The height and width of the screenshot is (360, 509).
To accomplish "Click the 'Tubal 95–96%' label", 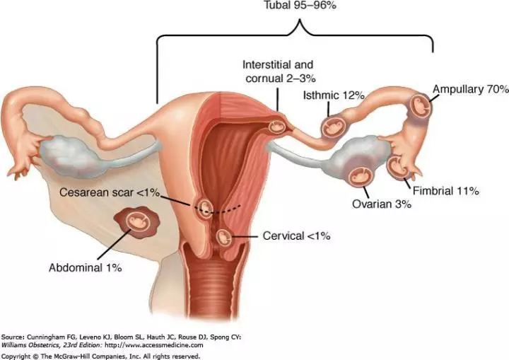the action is pyautogui.click(x=300, y=5).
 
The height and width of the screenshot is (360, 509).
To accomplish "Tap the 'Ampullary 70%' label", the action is pyautogui.click(x=470, y=89).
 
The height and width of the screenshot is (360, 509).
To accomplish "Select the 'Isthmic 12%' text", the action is pyautogui.click(x=334, y=95).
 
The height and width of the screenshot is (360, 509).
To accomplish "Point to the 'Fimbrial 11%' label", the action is pyautogui.click(x=445, y=191).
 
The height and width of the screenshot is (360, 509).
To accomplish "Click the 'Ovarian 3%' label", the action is pyautogui.click(x=382, y=204).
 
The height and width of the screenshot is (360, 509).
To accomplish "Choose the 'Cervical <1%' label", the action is pyautogui.click(x=296, y=236).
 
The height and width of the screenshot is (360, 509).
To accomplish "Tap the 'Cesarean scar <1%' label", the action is pyautogui.click(x=110, y=192).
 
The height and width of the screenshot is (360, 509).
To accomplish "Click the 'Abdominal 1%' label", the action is pyautogui.click(x=86, y=268).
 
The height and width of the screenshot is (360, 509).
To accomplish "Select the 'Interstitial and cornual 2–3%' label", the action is pyautogui.click(x=279, y=71).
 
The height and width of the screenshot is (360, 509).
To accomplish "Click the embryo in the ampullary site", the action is pyautogui.click(x=421, y=106).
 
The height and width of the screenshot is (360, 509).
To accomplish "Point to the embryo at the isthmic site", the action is pyautogui.click(x=333, y=127).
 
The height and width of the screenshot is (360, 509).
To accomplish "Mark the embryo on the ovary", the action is pyautogui.click(x=361, y=176).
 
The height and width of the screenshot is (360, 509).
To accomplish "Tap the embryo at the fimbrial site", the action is pyautogui.click(x=397, y=167).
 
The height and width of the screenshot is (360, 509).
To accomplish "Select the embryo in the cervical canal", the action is pyautogui.click(x=223, y=237).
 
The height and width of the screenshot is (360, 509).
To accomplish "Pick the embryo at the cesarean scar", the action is pyautogui.click(x=205, y=207).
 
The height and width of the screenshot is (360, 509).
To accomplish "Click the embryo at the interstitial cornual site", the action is pyautogui.click(x=277, y=127).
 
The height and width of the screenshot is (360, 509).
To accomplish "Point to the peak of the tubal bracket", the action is pyautogui.click(x=300, y=20).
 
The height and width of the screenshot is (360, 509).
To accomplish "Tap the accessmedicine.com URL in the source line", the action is pyautogui.click(x=154, y=345).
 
